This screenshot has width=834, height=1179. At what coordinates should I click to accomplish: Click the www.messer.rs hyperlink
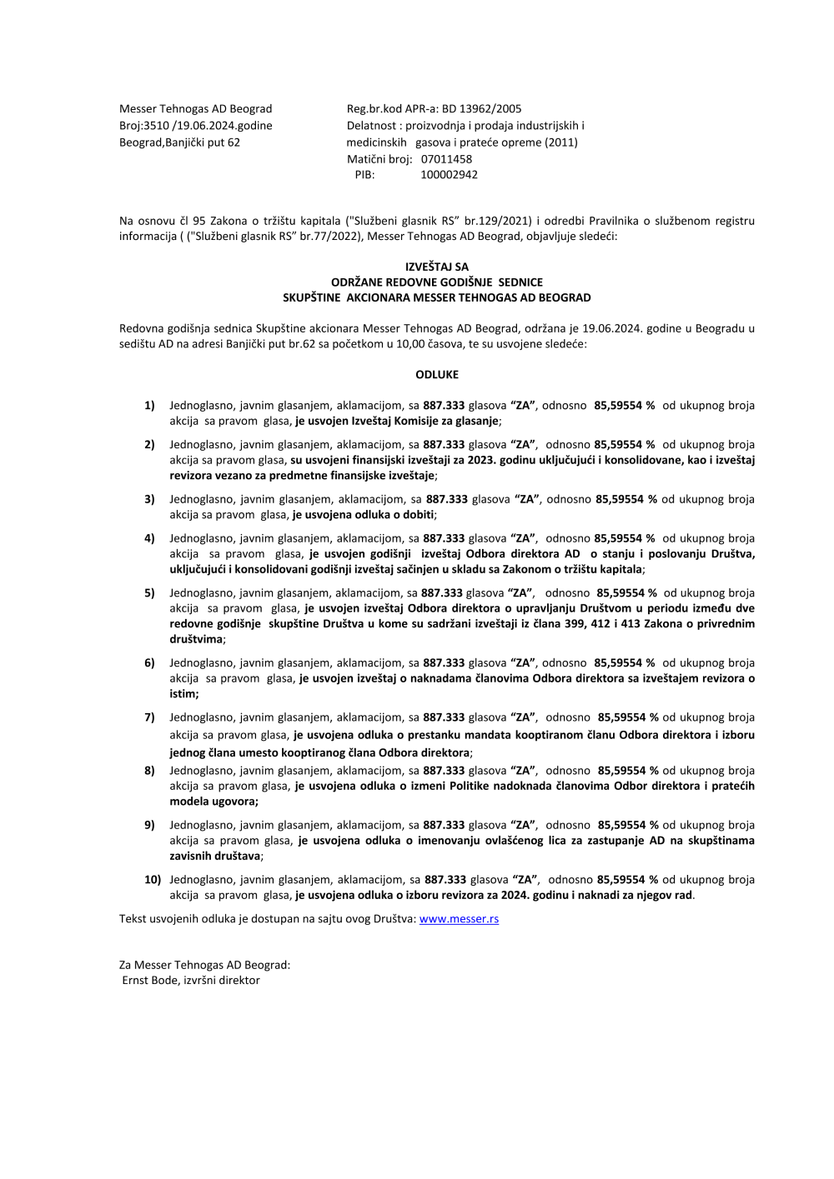click(x=459, y=919)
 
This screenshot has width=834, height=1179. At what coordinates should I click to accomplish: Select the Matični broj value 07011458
click(x=446, y=158)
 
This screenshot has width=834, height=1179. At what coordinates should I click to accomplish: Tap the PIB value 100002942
click(x=449, y=175)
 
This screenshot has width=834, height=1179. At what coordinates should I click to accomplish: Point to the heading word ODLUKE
click(x=437, y=375)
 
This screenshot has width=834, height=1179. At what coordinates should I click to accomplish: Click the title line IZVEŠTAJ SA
click(x=437, y=267)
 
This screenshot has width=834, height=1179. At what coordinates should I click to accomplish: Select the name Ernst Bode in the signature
click(x=150, y=981)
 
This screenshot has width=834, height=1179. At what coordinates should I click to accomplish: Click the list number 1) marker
click(x=149, y=406)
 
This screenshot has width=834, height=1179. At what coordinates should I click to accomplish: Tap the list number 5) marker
click(x=149, y=593)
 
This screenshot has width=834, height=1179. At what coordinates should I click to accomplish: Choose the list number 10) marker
click(x=153, y=880)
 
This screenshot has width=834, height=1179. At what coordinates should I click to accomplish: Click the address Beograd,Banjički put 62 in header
click(x=179, y=142)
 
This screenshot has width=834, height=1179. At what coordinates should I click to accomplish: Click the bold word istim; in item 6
click(x=184, y=694)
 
